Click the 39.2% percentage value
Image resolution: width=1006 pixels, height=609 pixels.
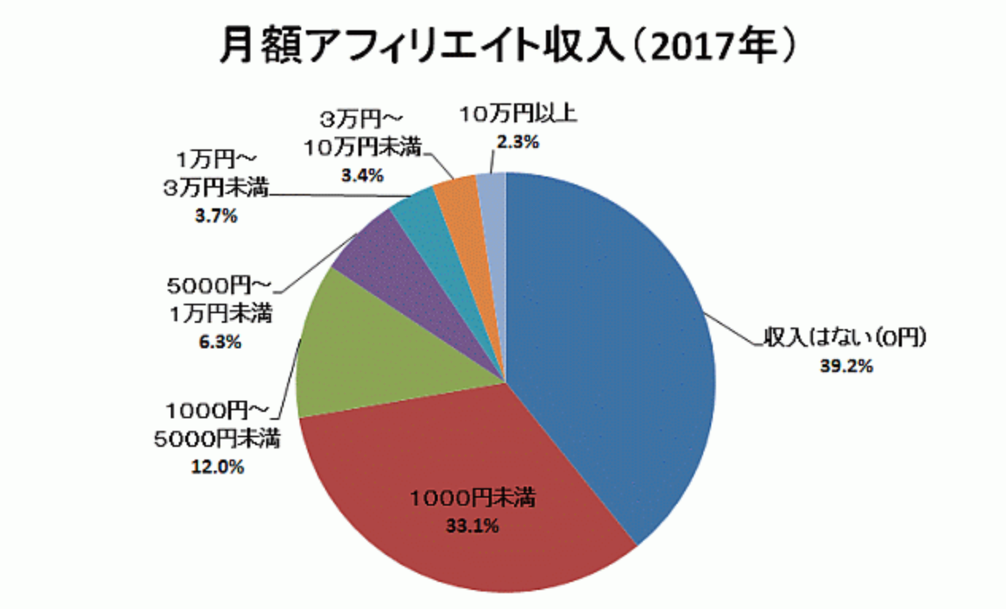click(847, 367)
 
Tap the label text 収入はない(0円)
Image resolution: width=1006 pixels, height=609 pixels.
click(845, 339)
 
